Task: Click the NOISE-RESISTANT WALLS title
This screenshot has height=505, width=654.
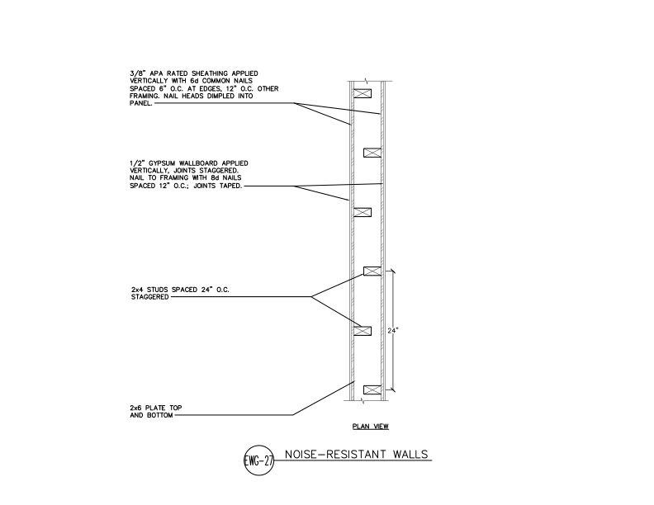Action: pyautogui.click(x=357, y=454)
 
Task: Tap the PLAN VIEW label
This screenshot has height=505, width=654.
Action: pyautogui.click(x=371, y=427)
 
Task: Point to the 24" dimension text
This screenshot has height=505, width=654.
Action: pyautogui.click(x=393, y=330)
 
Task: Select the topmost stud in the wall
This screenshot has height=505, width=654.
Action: pyautogui.click(x=363, y=93)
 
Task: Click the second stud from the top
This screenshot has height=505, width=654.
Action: pyautogui.click(x=372, y=153)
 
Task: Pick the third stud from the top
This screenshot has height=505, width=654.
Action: pyautogui.click(x=363, y=212)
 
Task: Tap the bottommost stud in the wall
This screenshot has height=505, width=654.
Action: pyautogui.click(x=372, y=390)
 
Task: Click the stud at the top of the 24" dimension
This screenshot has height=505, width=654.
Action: pyautogui.click(x=372, y=271)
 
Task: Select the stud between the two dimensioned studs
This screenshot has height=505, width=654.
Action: pyautogui.click(x=363, y=331)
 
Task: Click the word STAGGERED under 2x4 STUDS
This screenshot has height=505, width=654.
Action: pyautogui.click(x=149, y=297)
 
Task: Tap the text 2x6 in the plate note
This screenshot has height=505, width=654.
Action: pyautogui.click(x=136, y=408)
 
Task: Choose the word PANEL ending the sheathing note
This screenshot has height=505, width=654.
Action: pyautogui.click(x=140, y=103)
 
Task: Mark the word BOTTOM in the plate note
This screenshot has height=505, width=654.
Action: pyautogui.click(x=160, y=415)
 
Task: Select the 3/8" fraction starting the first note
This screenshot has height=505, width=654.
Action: pyautogui.click(x=135, y=73)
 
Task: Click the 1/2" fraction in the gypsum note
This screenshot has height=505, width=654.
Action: pyautogui.click(x=135, y=163)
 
